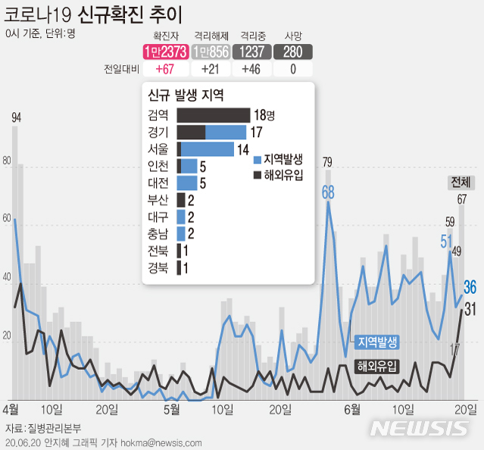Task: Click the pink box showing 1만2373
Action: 166,52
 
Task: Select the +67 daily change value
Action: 166,69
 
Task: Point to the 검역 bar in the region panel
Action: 213,115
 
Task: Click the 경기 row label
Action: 161,132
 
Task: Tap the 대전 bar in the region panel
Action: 186,183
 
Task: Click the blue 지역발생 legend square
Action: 258,159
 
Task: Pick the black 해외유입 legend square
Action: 258,176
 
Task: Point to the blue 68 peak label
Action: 327,192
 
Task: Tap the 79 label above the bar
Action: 327,161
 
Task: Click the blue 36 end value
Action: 470,286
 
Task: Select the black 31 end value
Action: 470,308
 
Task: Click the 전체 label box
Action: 460,183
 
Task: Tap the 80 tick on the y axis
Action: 8,161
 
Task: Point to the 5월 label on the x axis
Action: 172,409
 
